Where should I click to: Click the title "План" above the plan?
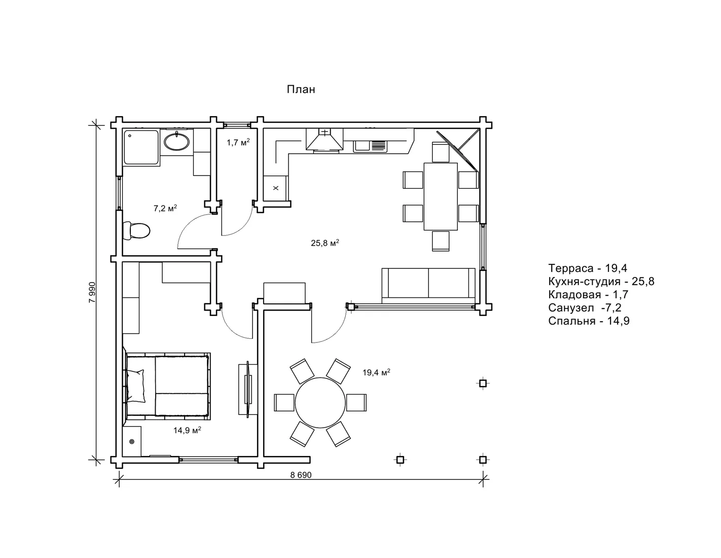pyautogui.click(x=301, y=89)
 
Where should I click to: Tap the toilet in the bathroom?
pyautogui.click(x=136, y=230)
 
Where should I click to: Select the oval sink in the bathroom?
pyautogui.click(x=176, y=142)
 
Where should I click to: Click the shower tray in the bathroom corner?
pyautogui.click(x=141, y=147)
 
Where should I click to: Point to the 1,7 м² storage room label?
pyautogui.click(x=238, y=143)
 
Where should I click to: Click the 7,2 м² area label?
pyautogui.click(x=165, y=208)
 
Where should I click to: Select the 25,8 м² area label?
pyautogui.click(x=325, y=243)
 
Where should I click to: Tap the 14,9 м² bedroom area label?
pyautogui.click(x=187, y=430)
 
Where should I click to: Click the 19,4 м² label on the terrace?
pyautogui.click(x=376, y=372)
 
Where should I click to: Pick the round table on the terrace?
pyautogui.click(x=320, y=402)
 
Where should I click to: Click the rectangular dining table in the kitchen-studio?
pyautogui.click(x=441, y=196)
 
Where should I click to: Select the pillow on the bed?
pyautogui.click(x=136, y=386)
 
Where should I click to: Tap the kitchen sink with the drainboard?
pyautogui.click(x=370, y=146)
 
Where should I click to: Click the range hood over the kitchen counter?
pyautogui.click(x=324, y=139)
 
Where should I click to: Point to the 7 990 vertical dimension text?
pyautogui.click(x=92, y=292)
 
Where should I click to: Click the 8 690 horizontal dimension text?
pyautogui.click(x=301, y=475)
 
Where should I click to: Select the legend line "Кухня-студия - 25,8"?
pyautogui.click(x=601, y=282)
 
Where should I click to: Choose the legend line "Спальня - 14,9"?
pyautogui.click(x=589, y=321)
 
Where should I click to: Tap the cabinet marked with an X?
pyautogui.click(x=275, y=188)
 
